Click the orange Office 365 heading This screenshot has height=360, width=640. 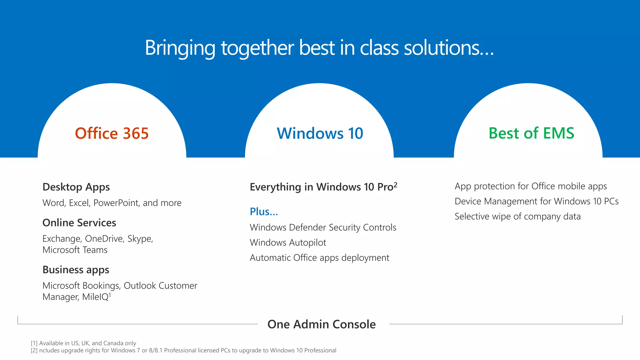[112, 133]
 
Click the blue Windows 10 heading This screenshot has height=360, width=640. [320, 133]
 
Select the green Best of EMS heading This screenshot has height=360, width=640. [531, 133]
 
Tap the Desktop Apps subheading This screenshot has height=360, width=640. [76, 187]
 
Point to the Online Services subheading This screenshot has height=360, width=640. [79, 223]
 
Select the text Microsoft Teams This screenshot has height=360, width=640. [75, 250]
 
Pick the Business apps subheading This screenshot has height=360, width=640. [76, 270]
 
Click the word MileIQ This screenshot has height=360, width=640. [95, 297]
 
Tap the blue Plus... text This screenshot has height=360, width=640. [264, 212]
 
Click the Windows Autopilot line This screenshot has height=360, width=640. [288, 242]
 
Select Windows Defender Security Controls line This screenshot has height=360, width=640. [323, 227]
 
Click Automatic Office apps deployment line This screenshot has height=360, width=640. [319, 258]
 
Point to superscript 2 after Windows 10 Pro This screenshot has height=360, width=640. [395, 184]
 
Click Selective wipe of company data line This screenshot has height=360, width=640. [517, 216]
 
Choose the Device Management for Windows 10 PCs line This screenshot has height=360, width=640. [536, 201]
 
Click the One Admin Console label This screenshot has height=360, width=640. [322, 324]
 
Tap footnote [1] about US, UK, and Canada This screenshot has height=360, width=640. [83, 343]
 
